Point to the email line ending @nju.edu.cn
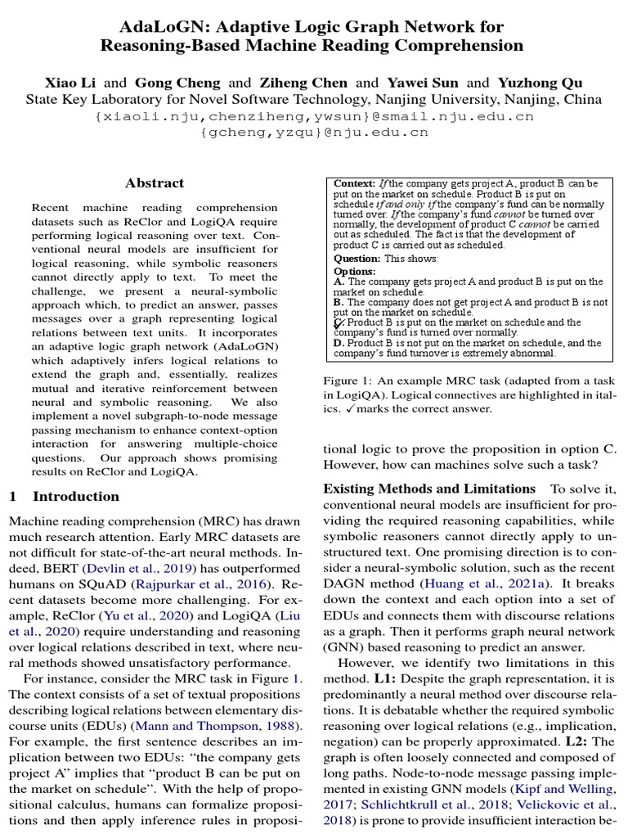(314, 132)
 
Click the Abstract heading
(155, 182)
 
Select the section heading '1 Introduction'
(64, 496)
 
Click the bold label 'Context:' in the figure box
(355, 183)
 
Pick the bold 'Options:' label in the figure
(355, 271)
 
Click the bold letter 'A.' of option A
(339, 282)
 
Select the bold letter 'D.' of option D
(339, 344)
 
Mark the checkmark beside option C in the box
(339, 323)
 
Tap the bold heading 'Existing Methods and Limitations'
(429, 489)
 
